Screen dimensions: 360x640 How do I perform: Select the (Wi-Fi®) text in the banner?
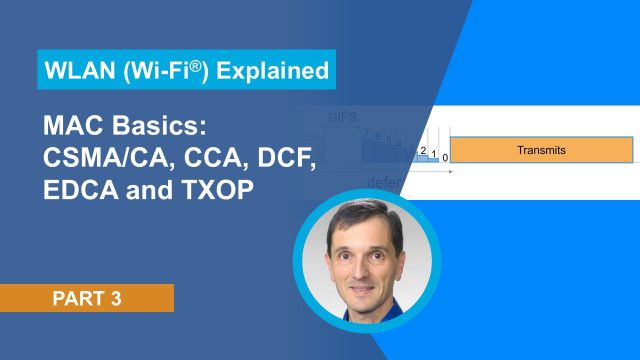[x=170, y=72]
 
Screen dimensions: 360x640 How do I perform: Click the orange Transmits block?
[x=541, y=150]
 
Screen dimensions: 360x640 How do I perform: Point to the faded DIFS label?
[x=343, y=118]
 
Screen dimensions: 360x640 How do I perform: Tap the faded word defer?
[x=386, y=182]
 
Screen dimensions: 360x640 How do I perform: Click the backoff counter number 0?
[x=445, y=158]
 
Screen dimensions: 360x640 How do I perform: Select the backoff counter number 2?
[x=424, y=151]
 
